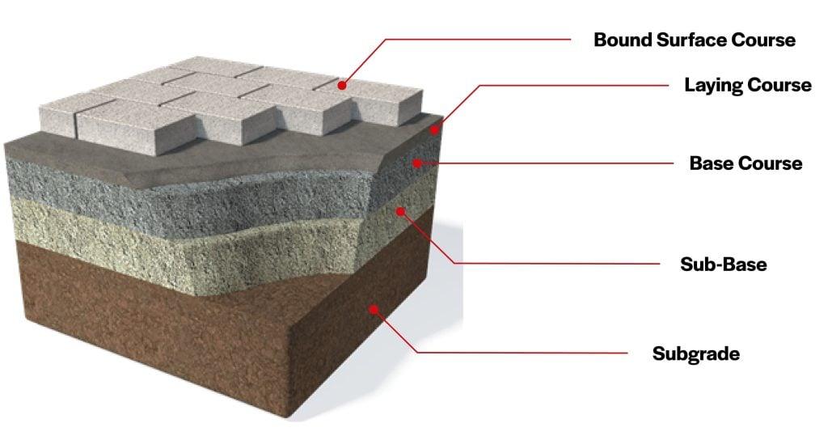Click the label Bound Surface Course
[x=695, y=40]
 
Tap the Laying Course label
[x=747, y=85]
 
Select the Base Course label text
[x=746, y=163]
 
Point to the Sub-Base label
[x=723, y=265]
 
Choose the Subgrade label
[x=696, y=353]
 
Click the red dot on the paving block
[x=343, y=83]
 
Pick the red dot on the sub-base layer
[x=399, y=210]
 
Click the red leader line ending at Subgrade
[x=517, y=353]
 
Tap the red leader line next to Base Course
[x=550, y=163]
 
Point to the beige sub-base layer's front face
[x=162, y=235]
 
